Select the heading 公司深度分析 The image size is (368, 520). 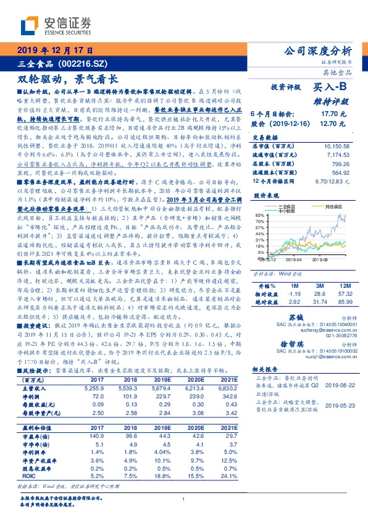click(x=316, y=50)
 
